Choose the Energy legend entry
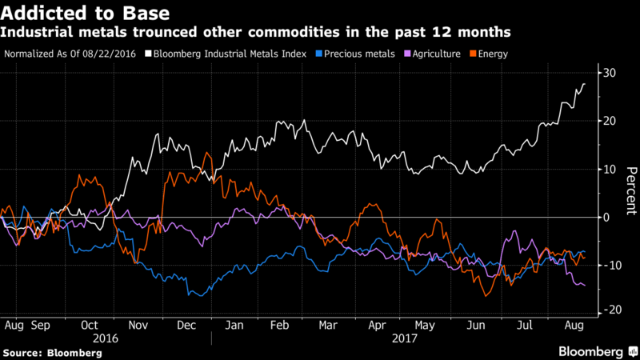[492, 53]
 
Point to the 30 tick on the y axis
[609, 73]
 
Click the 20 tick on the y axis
[609, 121]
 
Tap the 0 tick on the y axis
[606, 217]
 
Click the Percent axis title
[630, 192]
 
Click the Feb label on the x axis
[281, 326]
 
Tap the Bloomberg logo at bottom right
[591, 351]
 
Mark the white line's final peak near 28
[584, 84]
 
